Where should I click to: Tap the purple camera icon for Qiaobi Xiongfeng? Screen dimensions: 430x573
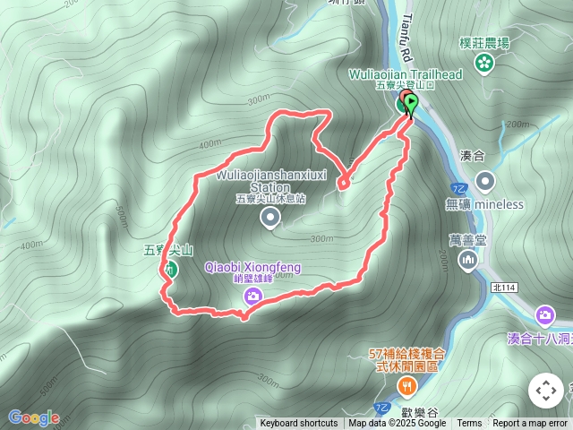coord(253,296)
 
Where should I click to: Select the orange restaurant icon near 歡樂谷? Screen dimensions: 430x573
coord(407,385)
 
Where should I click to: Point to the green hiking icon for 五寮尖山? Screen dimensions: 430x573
coord(169,268)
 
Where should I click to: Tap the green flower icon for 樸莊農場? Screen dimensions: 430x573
coord(484,63)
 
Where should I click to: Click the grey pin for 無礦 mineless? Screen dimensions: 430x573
coord(485,182)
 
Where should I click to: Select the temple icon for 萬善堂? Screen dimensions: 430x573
coord(467,260)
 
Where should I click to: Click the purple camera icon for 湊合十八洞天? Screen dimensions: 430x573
coord(544,314)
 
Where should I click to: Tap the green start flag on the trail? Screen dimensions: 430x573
coord(411,104)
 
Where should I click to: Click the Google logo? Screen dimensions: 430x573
coord(33,417)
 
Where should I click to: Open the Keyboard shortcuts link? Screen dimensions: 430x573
coord(299,424)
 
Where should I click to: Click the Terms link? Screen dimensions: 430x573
coord(469,424)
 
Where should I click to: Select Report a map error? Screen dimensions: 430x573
coord(530,424)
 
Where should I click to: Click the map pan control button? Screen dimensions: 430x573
coord(545,391)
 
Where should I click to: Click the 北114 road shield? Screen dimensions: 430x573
coord(504,288)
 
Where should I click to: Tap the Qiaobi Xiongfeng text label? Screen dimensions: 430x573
coord(253,268)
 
